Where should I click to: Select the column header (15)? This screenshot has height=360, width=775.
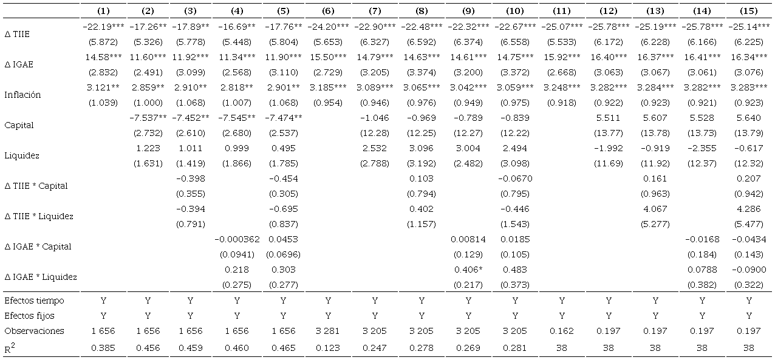pos(749,11)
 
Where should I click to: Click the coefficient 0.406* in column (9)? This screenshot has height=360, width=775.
pos(468,270)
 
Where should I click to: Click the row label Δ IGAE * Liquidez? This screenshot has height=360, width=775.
pos(41,277)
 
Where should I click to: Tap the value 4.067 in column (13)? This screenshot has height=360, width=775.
pos(655,209)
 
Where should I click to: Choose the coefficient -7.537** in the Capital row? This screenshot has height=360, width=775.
pos(148,118)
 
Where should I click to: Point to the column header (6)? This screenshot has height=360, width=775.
pos(328,11)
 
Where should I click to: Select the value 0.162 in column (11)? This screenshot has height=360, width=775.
pos(562,331)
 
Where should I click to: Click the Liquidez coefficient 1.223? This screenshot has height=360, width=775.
pos(147,148)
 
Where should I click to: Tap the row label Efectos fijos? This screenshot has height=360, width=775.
pos(26,316)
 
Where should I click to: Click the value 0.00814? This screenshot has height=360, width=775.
pos(468,239)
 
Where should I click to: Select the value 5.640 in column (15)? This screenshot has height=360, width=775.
pos(749,118)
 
